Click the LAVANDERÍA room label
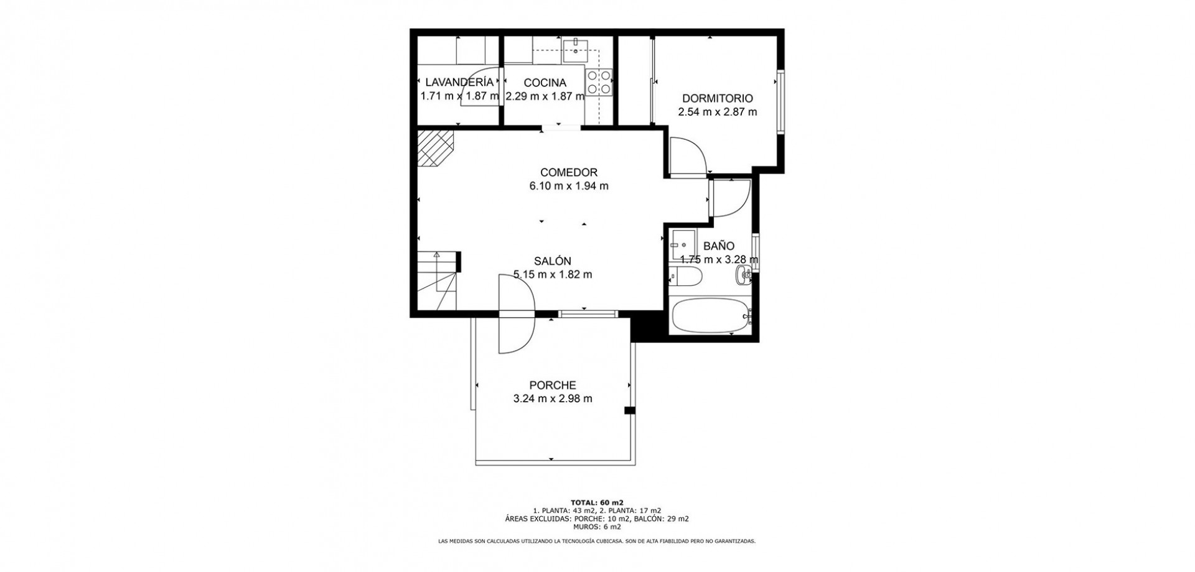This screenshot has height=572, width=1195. pyautogui.click(x=459, y=82)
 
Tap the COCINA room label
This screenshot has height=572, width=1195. pyautogui.click(x=545, y=83)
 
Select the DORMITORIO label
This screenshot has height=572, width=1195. pyautogui.click(x=718, y=98)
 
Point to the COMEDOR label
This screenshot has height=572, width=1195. pyautogui.click(x=569, y=172)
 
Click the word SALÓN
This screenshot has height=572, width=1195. pyautogui.click(x=552, y=261)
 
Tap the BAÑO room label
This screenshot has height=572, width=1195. pyautogui.click(x=719, y=246)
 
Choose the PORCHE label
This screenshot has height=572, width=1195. pyautogui.click(x=553, y=385)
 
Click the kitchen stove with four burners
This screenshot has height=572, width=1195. pyautogui.click(x=599, y=82)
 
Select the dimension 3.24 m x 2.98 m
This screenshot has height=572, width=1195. pyautogui.click(x=553, y=399)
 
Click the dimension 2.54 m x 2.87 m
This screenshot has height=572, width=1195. pyautogui.click(x=718, y=112)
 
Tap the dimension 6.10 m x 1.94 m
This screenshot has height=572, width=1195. pyautogui.click(x=569, y=185)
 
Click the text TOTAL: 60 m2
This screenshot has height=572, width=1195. pyautogui.click(x=597, y=502)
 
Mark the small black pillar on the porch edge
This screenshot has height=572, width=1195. pyautogui.click(x=630, y=410)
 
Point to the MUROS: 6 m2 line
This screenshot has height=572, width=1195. pyautogui.click(x=597, y=527)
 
